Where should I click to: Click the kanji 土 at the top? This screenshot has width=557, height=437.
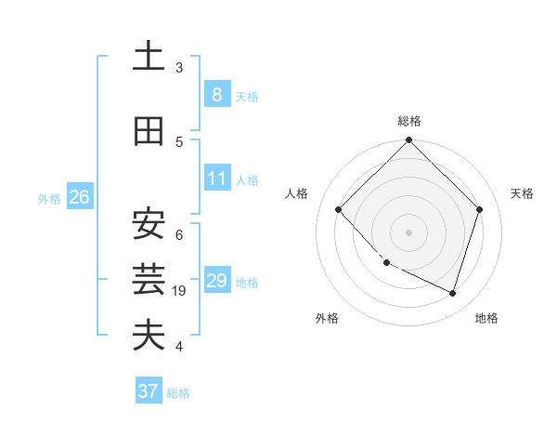149,57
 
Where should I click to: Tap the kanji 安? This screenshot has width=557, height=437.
149,224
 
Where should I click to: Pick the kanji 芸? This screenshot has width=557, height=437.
149,279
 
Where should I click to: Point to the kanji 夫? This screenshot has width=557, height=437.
149,336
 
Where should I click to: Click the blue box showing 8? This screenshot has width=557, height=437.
216,94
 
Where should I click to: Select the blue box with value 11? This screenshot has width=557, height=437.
216,179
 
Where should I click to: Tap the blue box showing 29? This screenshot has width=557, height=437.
216,281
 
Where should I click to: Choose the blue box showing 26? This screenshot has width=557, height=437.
79,196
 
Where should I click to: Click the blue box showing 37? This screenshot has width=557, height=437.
149,391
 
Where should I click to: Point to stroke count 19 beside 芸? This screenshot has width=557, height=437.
181,291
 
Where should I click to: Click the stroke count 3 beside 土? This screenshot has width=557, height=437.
179,68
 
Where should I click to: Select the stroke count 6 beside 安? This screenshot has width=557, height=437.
179,234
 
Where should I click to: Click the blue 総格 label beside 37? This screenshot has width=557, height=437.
178,393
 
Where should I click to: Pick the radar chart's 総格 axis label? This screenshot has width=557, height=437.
409,121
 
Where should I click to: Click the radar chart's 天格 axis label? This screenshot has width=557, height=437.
522,193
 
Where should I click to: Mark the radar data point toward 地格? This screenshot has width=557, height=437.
453,293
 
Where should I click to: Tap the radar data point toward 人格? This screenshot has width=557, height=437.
339,209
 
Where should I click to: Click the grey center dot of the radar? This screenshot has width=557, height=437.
409,232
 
